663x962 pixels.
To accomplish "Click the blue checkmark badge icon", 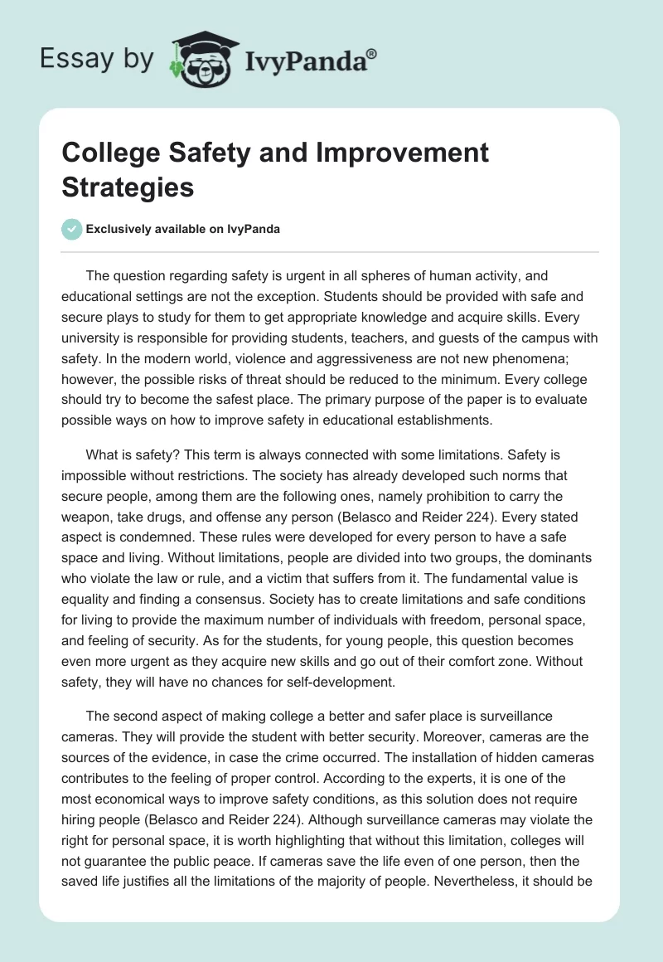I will tap(72, 229).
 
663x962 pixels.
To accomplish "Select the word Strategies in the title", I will tap(128, 187).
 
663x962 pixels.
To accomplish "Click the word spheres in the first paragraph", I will tap(317, 275).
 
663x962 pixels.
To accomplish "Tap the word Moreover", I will tap(467, 735).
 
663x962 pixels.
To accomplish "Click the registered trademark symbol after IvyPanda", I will tap(372, 53).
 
